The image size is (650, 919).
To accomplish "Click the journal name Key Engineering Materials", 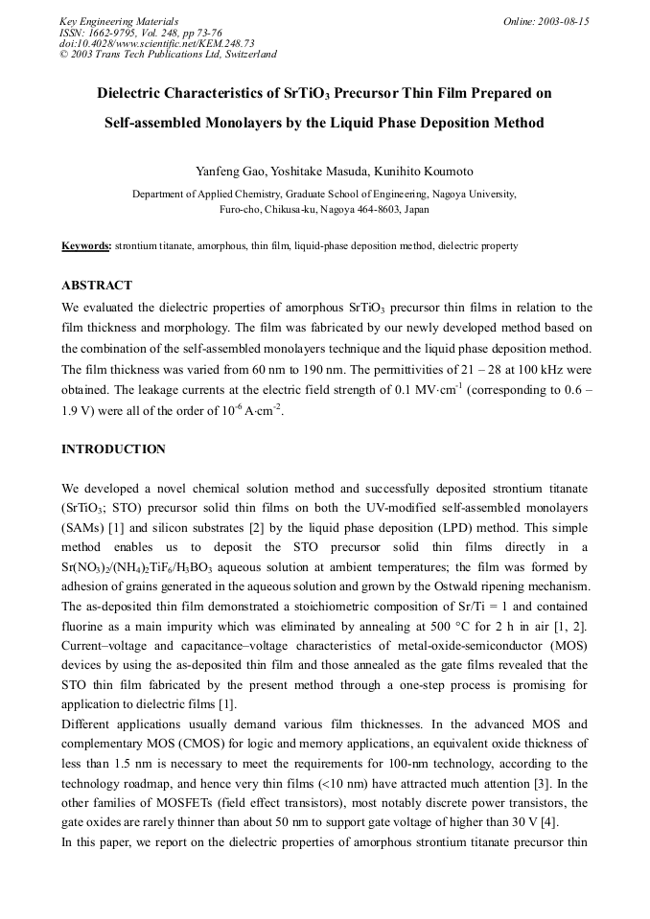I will point(119,21).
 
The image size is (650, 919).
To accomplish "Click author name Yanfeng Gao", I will point(230,172).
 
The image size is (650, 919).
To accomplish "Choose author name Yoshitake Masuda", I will point(319,172).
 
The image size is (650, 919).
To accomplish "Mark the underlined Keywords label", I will point(86,246).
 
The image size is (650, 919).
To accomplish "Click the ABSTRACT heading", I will point(97,285).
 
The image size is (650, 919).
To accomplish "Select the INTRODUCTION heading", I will point(113,448).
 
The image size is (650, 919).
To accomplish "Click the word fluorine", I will point(87,627).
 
